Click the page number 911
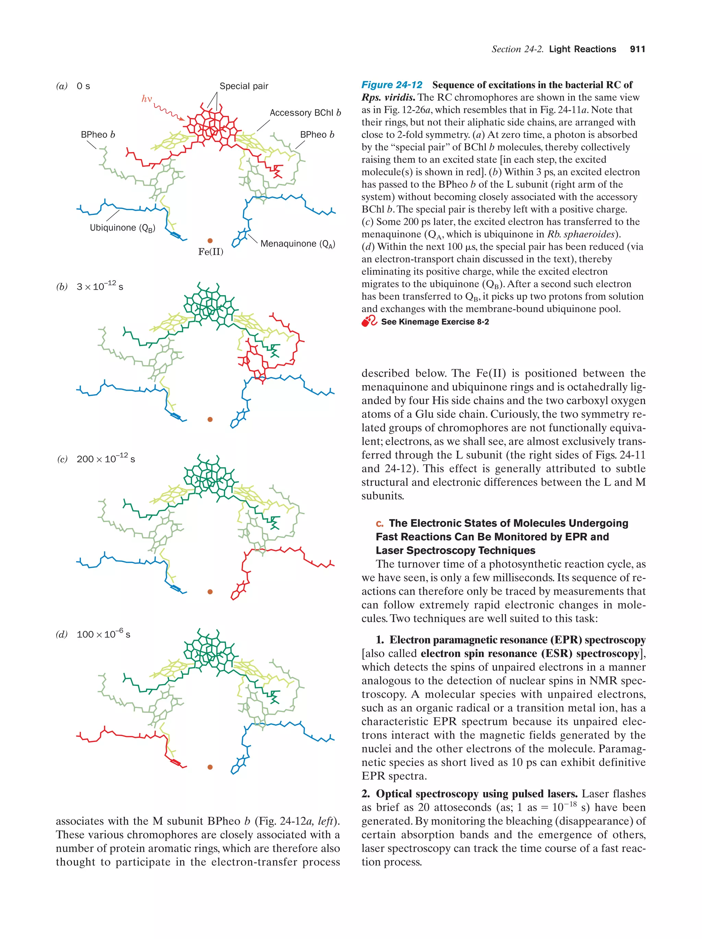[637, 49]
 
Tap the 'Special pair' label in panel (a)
[244, 86]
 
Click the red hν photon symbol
[146, 99]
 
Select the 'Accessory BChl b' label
[305, 113]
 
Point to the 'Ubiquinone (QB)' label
[122, 228]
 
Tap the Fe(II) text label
[210, 252]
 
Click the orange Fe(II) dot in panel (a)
[210, 241]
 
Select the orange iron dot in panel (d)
[210, 767]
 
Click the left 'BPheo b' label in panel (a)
[98, 135]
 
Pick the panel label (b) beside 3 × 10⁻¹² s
[62, 287]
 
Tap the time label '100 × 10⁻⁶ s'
[103, 634]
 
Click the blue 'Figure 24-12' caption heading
[391, 85]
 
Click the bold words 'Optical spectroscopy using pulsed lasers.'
[476, 794]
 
